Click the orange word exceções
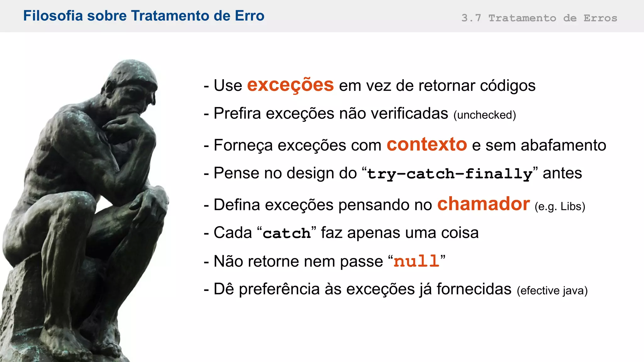click(290, 85)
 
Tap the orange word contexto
click(426, 145)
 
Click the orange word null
click(416, 261)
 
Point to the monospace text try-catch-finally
click(450, 174)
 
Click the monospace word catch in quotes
click(286, 233)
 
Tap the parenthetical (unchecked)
click(485, 115)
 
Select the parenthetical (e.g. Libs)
click(560, 206)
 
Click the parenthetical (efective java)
click(552, 290)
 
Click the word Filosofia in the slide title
click(53, 16)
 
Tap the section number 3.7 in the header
click(471, 18)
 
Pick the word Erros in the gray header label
click(600, 18)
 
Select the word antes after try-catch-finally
click(562, 173)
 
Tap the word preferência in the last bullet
click(279, 289)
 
